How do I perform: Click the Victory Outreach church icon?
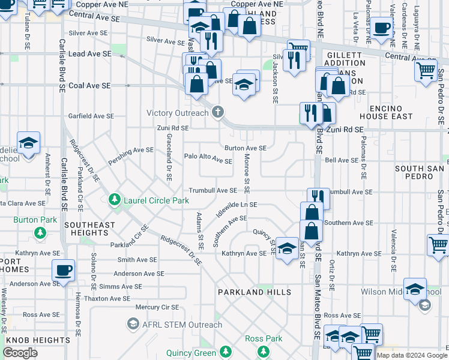coord(218,112)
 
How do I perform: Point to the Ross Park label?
coord(264,339)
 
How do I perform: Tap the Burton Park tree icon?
coord(40,232)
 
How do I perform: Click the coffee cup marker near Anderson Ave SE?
coord(64,270)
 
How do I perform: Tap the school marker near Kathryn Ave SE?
coord(288,249)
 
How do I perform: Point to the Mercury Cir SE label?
coord(157,307)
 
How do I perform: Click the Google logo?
coord(20,353)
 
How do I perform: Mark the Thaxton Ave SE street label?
coord(107,298)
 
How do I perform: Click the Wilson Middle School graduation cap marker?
coord(415,289)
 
